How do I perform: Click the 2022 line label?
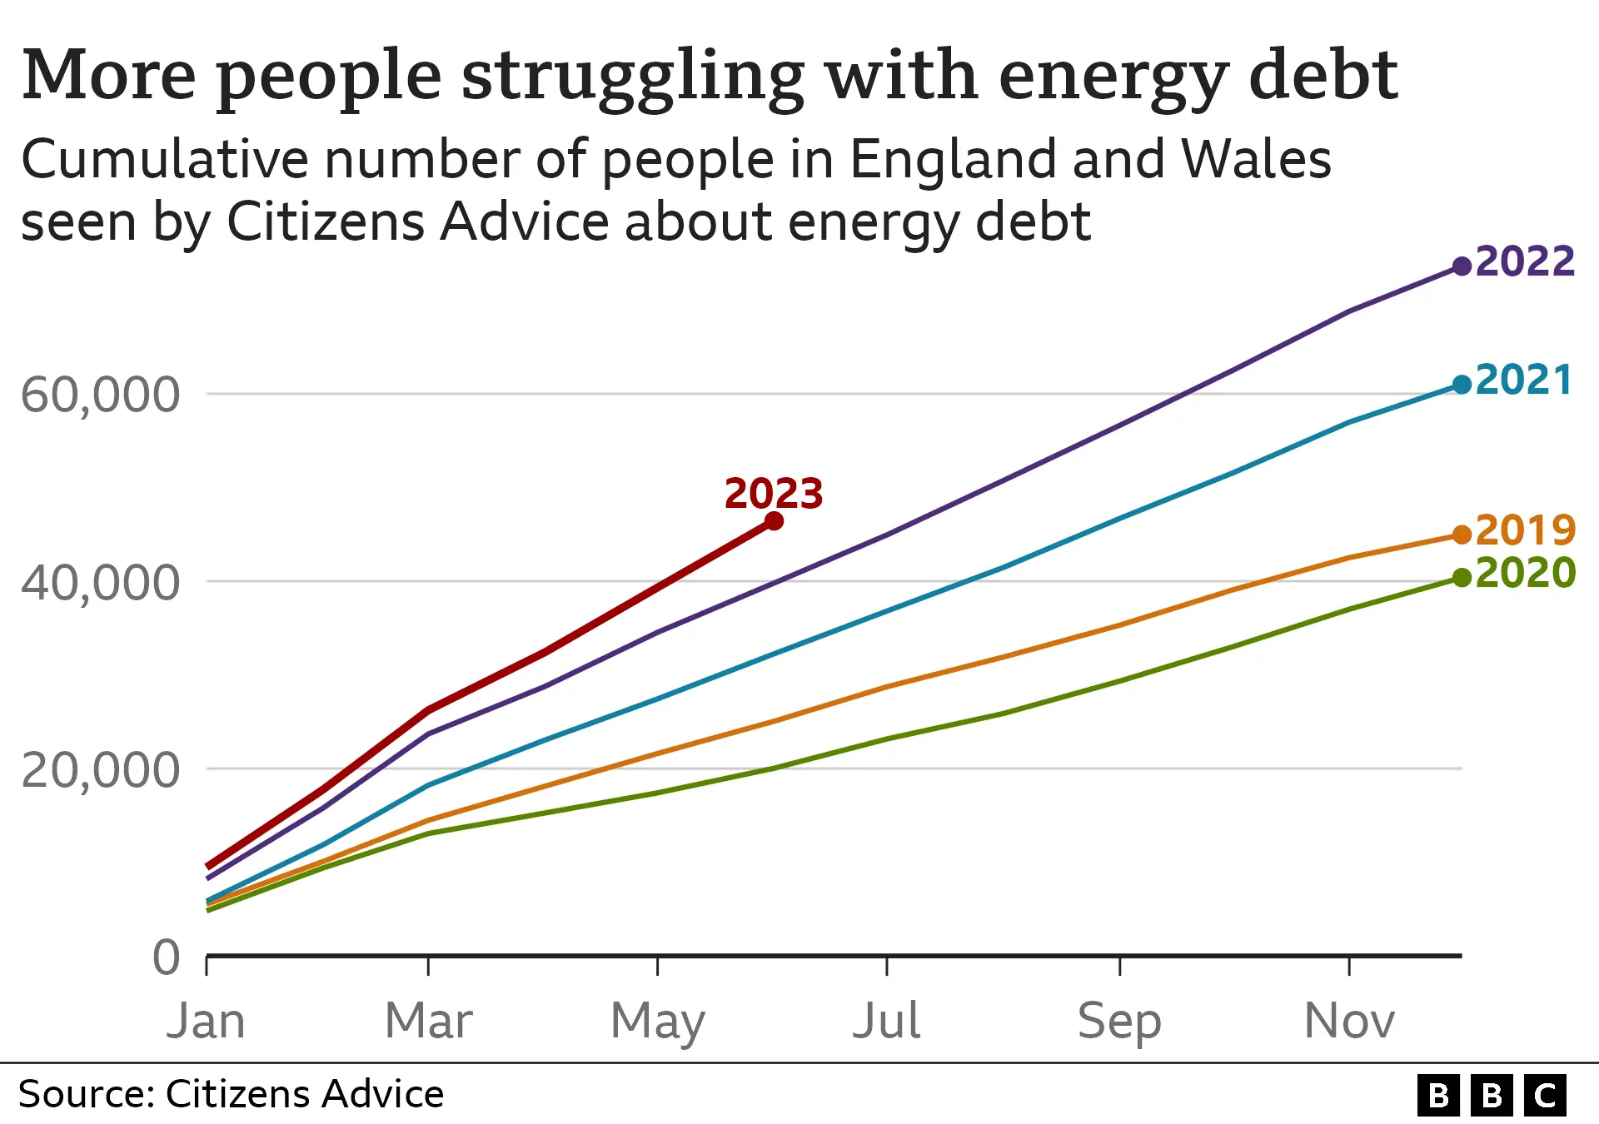point(1525,261)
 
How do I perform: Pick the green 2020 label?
point(1525,573)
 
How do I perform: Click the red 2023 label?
point(774,494)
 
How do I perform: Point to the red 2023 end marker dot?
point(774,521)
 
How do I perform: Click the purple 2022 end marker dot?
point(1462,266)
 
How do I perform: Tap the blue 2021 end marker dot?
point(1462,385)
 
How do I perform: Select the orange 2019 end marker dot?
point(1462,535)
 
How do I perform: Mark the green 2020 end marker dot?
point(1462,578)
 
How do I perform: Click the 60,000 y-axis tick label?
point(100,394)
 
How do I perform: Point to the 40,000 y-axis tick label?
point(100,582)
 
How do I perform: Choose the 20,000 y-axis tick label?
point(100,770)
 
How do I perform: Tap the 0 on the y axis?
point(167,957)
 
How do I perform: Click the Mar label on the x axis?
point(428,1021)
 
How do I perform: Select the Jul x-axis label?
point(886,1021)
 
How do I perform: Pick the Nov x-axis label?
point(1349,1021)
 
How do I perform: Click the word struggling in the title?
point(633,77)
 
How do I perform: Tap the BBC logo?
point(1492,1095)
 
